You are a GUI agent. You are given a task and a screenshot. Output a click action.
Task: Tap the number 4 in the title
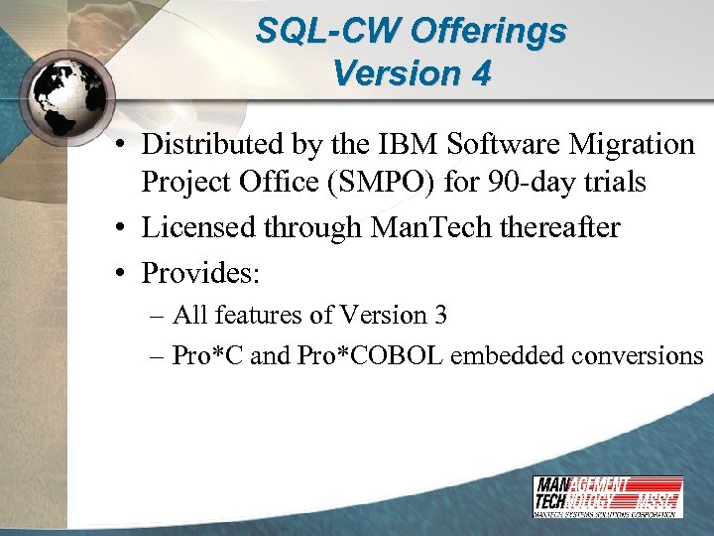(480, 74)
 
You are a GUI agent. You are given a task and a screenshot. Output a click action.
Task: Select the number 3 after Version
(439, 316)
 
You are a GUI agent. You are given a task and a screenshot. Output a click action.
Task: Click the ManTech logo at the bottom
(607, 495)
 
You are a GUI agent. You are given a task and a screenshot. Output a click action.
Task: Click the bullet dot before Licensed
(119, 229)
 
